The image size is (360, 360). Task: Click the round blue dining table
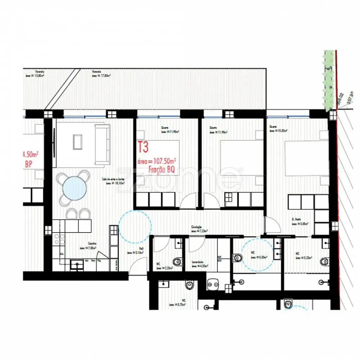74,188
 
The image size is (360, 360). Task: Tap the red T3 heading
143,147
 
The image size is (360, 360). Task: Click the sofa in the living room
102,144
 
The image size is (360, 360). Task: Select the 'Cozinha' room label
92,244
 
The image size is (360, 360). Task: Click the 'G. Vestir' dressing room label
297,219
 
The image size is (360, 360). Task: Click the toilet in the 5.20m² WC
325,261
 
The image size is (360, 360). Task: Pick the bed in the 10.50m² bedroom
306,158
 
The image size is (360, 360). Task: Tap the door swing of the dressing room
273,226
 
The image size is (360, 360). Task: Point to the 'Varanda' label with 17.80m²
96,71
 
